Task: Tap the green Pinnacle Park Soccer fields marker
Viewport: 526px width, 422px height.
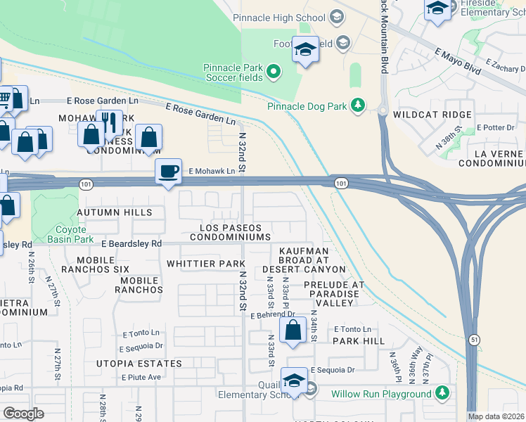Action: pyautogui.click(x=274, y=72)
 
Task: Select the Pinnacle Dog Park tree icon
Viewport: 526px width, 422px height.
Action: pyautogui.click(x=359, y=106)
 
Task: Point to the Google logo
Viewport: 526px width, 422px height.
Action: pyautogui.click(x=23, y=414)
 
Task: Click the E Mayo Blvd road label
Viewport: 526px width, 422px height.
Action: pyautogui.click(x=457, y=61)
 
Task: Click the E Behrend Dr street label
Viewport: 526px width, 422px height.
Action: pyautogui.click(x=273, y=316)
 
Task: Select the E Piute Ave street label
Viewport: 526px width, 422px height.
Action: pyautogui.click(x=141, y=377)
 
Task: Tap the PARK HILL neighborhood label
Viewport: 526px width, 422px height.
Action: pyautogui.click(x=359, y=340)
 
